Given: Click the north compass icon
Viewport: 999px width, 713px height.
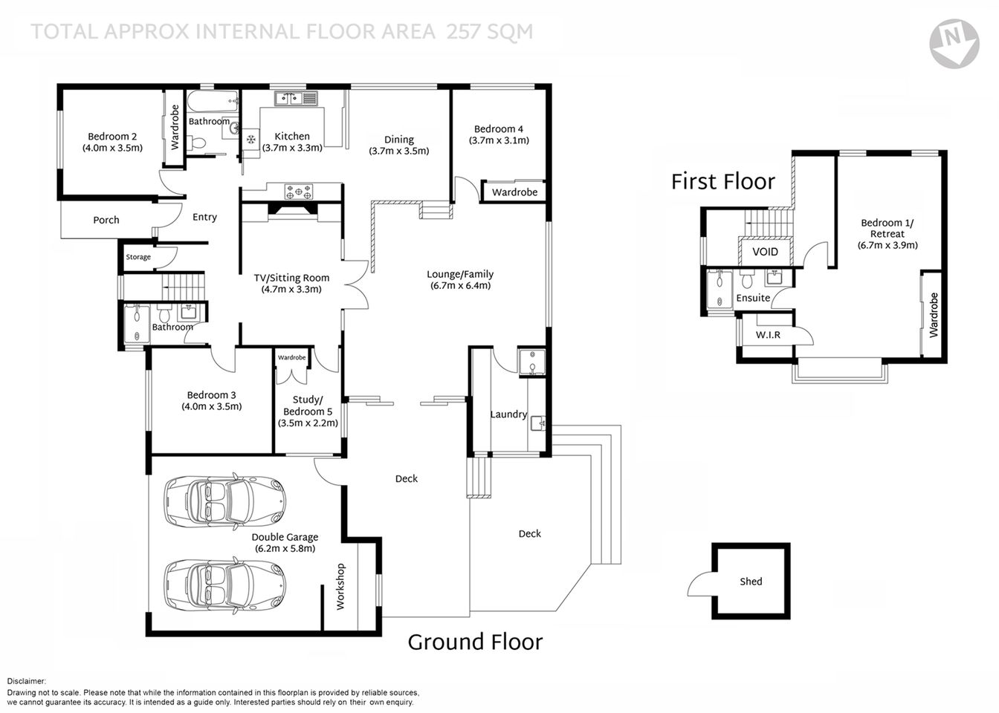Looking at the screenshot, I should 954,43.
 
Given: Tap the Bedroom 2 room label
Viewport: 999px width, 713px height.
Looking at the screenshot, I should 112,137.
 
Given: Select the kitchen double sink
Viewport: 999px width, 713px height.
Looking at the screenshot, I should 295,98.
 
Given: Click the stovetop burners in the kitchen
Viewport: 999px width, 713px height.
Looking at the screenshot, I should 300,192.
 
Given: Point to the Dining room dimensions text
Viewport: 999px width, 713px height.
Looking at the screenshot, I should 398,151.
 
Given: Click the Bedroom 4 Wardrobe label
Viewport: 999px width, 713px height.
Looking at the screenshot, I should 514,192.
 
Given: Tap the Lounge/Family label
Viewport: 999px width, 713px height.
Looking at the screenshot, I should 459,274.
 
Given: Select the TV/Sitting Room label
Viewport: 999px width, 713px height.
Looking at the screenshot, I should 291,278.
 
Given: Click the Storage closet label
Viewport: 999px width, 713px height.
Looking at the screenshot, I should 138,257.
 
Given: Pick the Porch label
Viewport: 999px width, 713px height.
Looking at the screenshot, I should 106,220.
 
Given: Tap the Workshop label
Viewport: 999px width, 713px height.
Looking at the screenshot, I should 341,587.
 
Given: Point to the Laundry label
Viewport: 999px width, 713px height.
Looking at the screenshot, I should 508,414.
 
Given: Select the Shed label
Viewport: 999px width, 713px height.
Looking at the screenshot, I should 751,582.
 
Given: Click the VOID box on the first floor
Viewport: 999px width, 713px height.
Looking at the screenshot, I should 765,252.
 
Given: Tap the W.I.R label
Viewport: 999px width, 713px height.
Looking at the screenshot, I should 768,335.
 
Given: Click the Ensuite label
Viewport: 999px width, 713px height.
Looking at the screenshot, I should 753,298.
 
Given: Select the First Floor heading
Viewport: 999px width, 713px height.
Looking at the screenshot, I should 722,181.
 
